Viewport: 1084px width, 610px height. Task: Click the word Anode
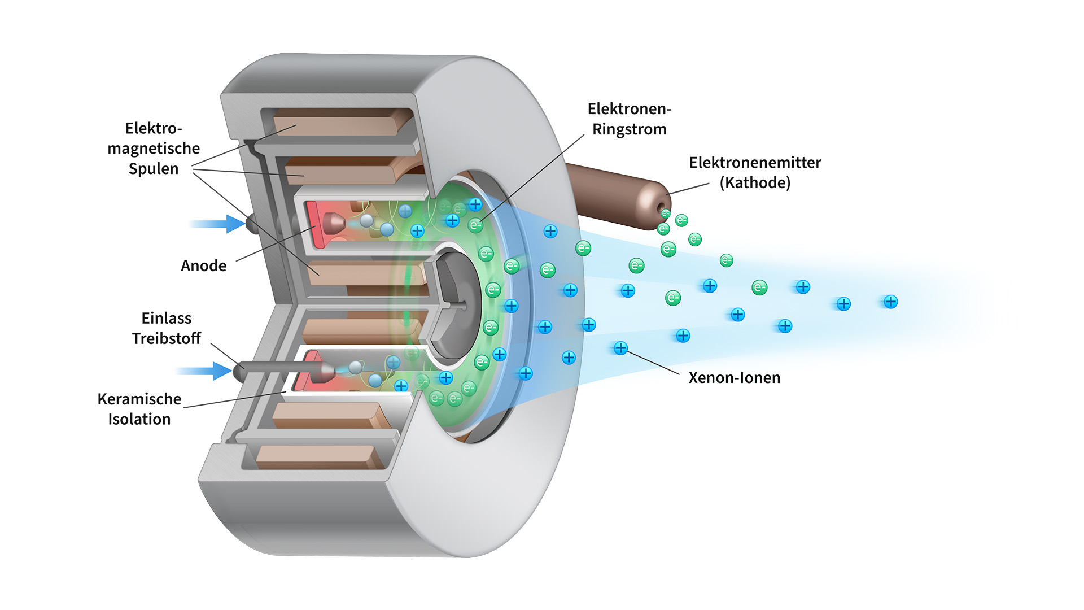click(203, 265)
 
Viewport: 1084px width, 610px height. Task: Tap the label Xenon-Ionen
click(734, 377)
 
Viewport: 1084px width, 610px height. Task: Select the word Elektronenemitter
click(755, 163)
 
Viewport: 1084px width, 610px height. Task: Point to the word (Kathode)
click(755, 183)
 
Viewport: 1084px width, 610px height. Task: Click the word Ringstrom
click(629, 129)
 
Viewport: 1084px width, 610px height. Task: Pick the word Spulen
click(153, 169)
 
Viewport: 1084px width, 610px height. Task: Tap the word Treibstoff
click(166, 338)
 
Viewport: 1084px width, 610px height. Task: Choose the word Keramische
click(139, 399)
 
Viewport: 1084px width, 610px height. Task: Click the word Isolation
click(139, 419)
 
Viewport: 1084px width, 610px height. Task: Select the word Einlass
click(166, 318)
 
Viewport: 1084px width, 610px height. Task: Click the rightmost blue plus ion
click(890, 302)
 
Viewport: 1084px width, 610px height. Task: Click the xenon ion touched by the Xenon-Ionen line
click(620, 348)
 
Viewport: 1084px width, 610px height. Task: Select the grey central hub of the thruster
click(454, 305)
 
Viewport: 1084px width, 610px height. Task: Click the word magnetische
click(153, 149)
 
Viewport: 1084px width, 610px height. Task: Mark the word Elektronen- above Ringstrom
click(629, 109)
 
